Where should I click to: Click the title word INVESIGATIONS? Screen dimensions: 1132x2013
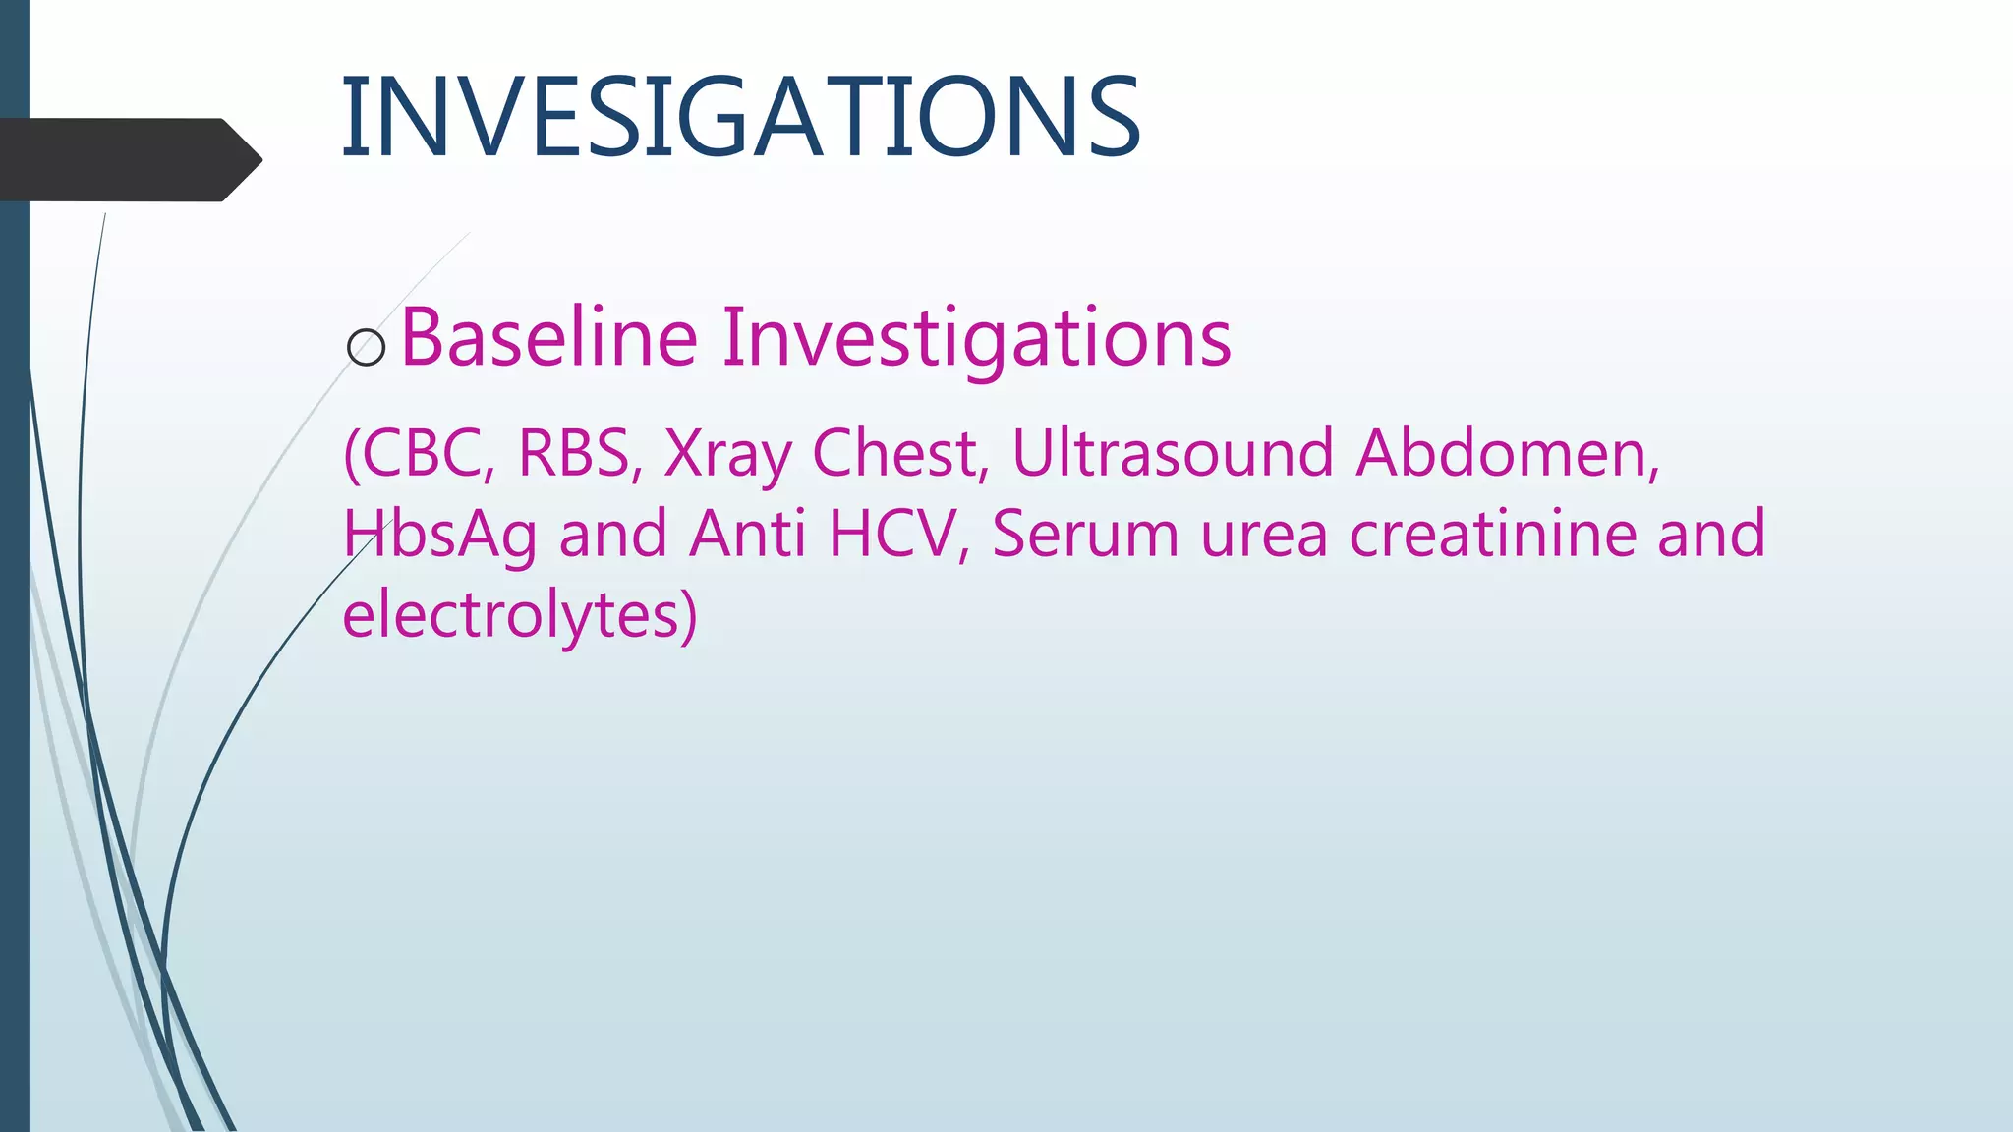739,118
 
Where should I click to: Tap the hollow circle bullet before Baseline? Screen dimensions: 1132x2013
367,348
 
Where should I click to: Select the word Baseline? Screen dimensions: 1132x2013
549,338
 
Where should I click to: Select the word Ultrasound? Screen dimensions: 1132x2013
1173,453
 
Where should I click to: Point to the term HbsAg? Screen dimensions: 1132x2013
439,537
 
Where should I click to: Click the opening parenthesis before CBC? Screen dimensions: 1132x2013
351,454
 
